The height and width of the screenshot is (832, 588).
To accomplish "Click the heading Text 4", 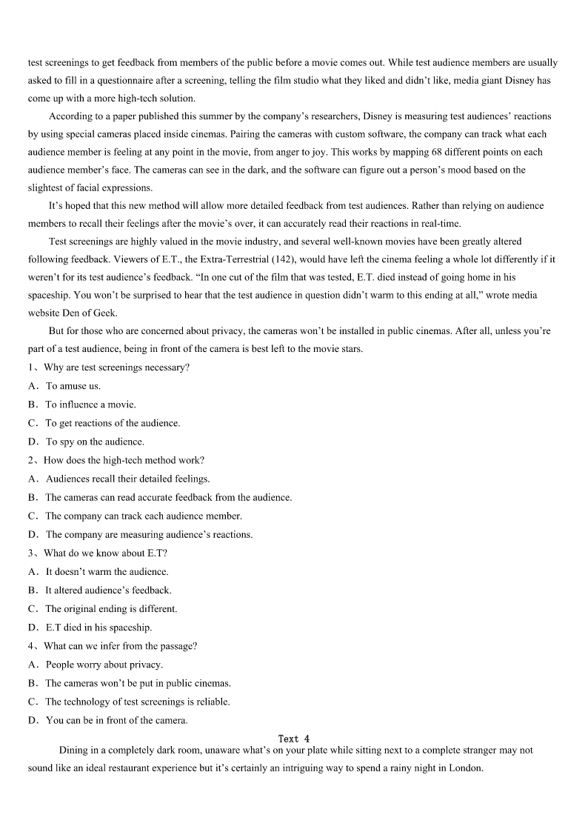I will (293, 739).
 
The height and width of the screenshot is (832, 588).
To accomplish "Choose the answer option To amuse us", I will (73, 386).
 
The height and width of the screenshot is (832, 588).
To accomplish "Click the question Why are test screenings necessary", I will (116, 367).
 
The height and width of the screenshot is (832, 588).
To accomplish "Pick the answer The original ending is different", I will (111, 609).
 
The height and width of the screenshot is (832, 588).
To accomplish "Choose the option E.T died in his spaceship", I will (98, 628).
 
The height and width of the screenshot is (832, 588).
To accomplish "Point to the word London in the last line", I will (464, 768).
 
